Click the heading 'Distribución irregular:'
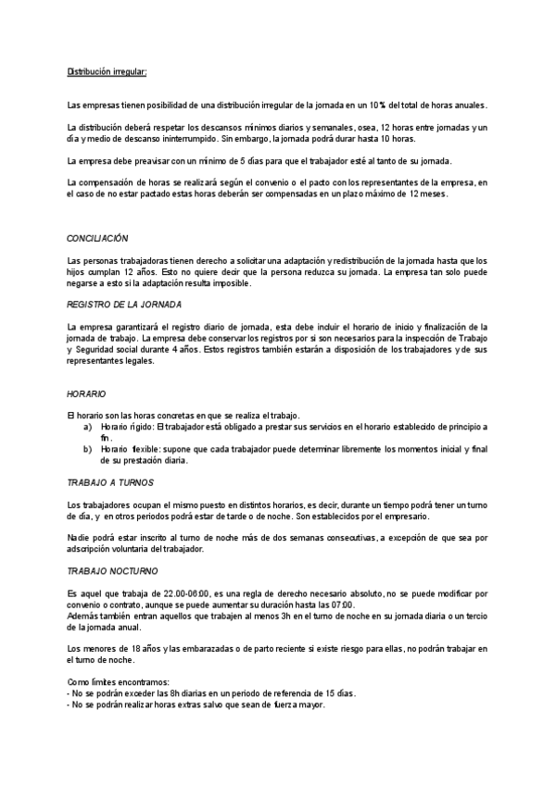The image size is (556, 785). click(107, 71)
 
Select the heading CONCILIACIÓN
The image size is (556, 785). click(98, 239)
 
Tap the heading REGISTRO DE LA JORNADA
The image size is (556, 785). click(124, 305)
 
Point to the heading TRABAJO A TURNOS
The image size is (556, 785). click(110, 483)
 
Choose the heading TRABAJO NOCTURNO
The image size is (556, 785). click(113, 572)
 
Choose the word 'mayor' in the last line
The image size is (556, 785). click(312, 704)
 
